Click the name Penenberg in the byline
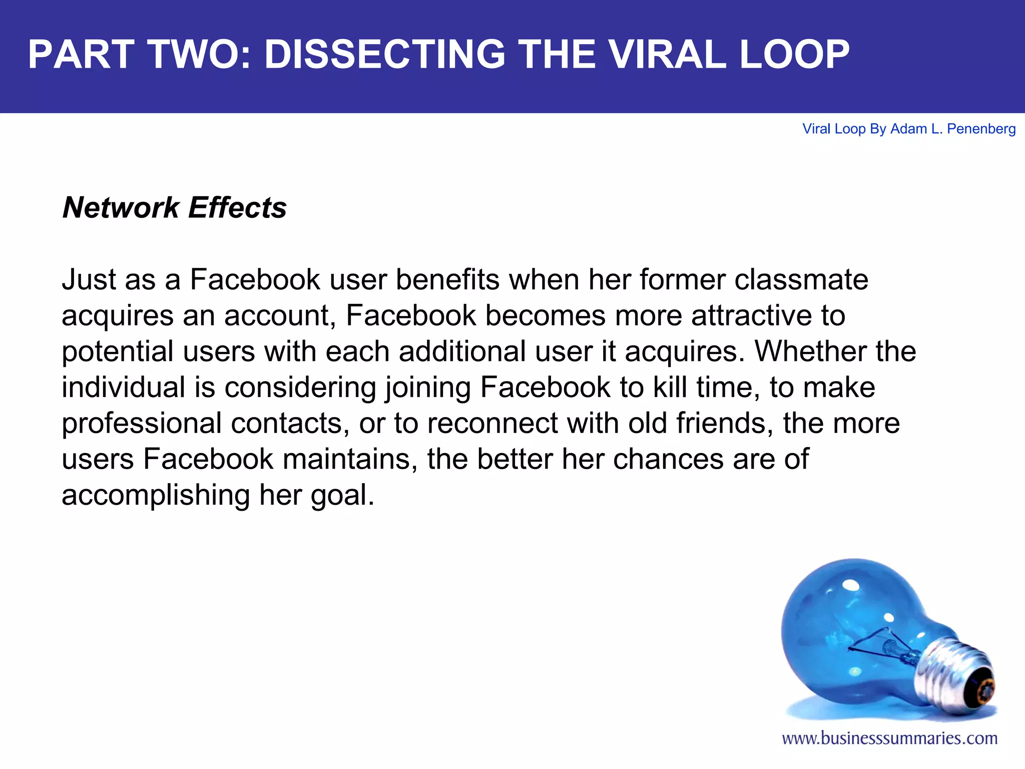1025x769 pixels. pos(981,129)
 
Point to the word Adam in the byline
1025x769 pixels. pos(908,129)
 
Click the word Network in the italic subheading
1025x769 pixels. pos(121,208)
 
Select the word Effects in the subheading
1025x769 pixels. pos(238,208)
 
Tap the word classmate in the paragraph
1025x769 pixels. pos(801,279)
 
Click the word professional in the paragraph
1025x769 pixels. pos(142,424)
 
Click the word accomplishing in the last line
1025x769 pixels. pos(156,495)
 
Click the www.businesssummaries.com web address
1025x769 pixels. pos(889,738)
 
